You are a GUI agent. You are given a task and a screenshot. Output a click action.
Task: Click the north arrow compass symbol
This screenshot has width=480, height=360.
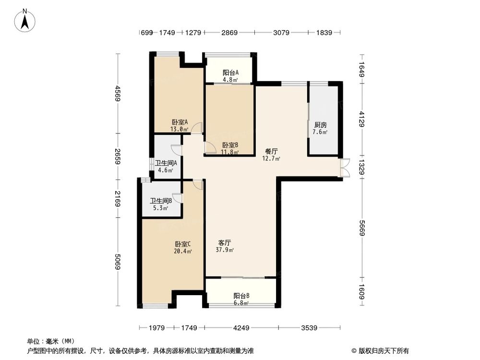[x=25, y=20]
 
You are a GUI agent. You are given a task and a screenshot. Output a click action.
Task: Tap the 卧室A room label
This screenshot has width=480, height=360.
[x=180, y=122]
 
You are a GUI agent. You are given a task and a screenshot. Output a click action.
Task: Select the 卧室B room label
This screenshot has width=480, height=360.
[x=230, y=145]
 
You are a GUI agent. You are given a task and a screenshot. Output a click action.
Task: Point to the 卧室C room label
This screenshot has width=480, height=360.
[x=183, y=244]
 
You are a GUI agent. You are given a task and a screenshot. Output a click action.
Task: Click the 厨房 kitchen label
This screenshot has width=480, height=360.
[x=321, y=125]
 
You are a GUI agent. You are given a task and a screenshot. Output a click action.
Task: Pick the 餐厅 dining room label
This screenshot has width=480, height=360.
[x=272, y=151]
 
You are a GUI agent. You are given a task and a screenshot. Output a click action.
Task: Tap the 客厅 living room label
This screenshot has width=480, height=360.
[x=225, y=243]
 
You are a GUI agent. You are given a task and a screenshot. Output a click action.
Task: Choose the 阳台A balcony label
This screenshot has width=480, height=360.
[x=230, y=73]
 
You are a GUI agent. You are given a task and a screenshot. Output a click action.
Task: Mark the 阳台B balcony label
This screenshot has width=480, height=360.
[x=241, y=296]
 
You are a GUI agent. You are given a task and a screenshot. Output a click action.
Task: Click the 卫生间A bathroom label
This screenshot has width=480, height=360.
[x=166, y=163]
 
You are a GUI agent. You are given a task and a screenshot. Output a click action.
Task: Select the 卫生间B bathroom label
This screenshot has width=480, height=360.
[x=161, y=201]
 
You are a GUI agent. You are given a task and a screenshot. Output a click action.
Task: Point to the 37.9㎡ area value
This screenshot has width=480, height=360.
[x=225, y=250]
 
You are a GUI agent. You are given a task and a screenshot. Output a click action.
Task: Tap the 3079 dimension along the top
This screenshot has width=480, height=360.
[x=281, y=33]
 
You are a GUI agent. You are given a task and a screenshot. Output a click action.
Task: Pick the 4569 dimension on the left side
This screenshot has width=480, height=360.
[x=117, y=94]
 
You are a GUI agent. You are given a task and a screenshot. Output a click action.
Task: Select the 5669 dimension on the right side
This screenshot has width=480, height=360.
[x=362, y=228]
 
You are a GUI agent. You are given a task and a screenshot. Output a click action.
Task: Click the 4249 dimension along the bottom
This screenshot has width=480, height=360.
[x=241, y=328]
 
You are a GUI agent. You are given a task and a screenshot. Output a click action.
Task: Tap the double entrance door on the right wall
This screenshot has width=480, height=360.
[x=345, y=168]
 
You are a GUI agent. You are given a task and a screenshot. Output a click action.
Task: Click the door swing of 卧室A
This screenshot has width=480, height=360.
[x=197, y=128]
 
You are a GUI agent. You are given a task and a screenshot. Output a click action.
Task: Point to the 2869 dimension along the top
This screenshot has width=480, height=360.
[x=229, y=33]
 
